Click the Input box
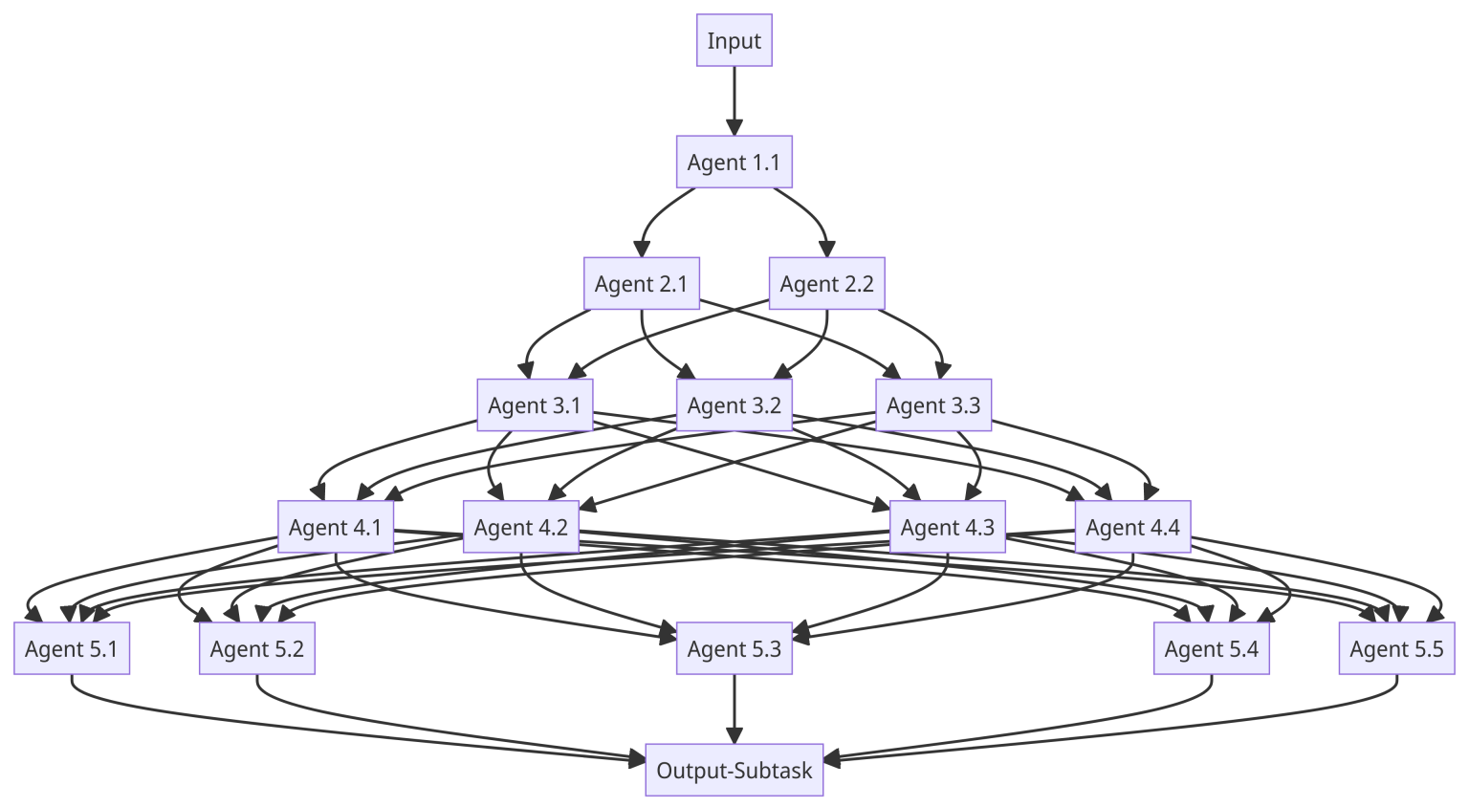tap(734, 40)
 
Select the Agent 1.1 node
tap(734, 162)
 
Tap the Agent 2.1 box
tap(641, 283)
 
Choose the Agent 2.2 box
tap(826, 283)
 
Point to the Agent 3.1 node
tap(535, 404)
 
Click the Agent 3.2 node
tap(734, 404)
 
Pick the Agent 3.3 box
tap(932, 404)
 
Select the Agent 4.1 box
tap(335, 527)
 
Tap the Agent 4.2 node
tap(520, 527)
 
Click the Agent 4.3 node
tap(947, 527)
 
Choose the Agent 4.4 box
tap(1132, 527)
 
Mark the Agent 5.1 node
tap(72, 648)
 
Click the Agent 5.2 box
tap(256, 648)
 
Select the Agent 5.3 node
tap(734, 648)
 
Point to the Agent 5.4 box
tap(1211, 648)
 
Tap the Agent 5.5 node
tap(1396, 648)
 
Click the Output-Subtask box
tap(734, 770)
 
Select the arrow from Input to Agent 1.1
tap(734, 100)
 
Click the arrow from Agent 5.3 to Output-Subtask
tap(734, 709)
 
